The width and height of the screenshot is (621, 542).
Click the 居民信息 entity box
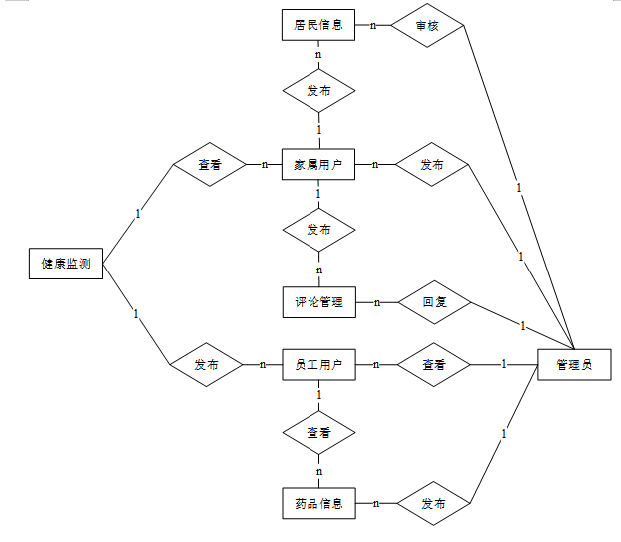click(318, 25)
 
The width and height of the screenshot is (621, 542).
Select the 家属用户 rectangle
click(318, 164)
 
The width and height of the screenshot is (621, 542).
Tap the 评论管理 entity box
click(318, 301)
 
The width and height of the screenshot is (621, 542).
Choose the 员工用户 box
click(318, 365)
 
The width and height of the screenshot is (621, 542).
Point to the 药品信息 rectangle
click(318, 504)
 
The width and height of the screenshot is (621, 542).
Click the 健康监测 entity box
click(66, 264)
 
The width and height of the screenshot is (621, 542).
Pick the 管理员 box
click(574, 365)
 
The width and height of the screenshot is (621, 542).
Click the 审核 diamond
click(428, 26)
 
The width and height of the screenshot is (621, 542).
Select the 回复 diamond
click(434, 301)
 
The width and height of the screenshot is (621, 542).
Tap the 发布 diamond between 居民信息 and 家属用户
click(318, 92)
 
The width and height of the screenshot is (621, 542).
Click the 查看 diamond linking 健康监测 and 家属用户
click(210, 165)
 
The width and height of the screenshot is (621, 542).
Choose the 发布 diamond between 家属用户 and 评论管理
click(318, 230)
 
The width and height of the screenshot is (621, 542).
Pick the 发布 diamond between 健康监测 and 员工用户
click(207, 365)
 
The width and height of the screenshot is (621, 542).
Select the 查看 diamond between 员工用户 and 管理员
click(434, 365)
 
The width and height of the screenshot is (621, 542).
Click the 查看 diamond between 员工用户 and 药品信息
click(318, 434)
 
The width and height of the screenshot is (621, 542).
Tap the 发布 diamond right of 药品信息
click(434, 504)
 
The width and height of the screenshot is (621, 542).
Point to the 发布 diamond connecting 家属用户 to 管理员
click(432, 164)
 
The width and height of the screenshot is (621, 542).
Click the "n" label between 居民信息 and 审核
click(373, 25)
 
